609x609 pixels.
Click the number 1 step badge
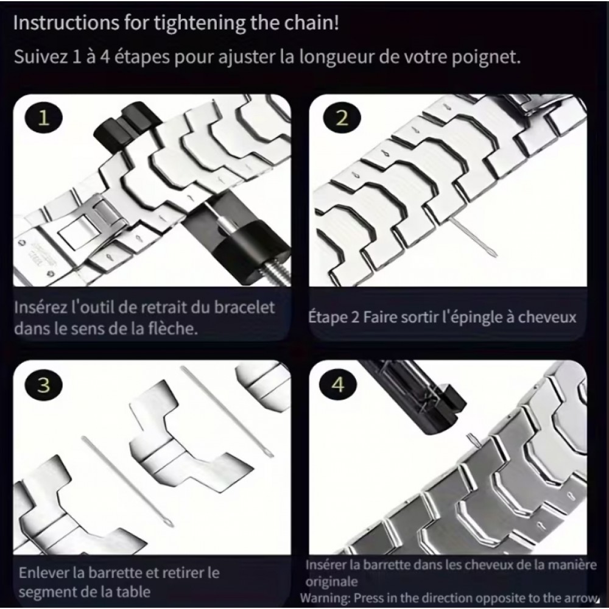(x=43, y=118)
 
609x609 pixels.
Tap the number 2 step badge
(x=342, y=118)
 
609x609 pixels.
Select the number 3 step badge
(x=43, y=385)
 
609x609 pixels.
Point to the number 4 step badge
(x=338, y=385)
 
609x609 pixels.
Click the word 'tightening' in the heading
(x=200, y=23)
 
